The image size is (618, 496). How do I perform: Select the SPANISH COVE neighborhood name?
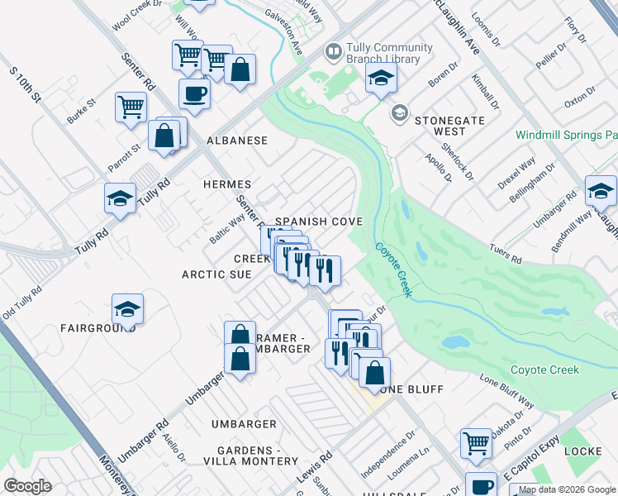coord(319,222)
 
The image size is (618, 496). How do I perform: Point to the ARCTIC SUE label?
coord(216,274)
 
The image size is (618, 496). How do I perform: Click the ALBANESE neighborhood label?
coord(237,141)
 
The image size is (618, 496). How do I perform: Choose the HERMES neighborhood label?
coord(227,184)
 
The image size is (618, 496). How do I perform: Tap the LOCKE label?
coord(583,451)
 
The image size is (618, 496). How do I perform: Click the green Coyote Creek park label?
coord(544,370)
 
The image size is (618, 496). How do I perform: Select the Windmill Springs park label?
coord(566,134)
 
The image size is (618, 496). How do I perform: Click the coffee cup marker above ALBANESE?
coord(194,93)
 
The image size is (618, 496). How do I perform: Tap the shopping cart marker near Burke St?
coord(131,107)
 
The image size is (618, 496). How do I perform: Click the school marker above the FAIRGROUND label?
coord(127,308)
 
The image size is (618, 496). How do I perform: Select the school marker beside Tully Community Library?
coord(381,78)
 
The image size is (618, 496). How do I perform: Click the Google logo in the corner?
coord(28,486)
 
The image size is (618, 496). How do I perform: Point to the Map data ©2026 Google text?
coord(567,489)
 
